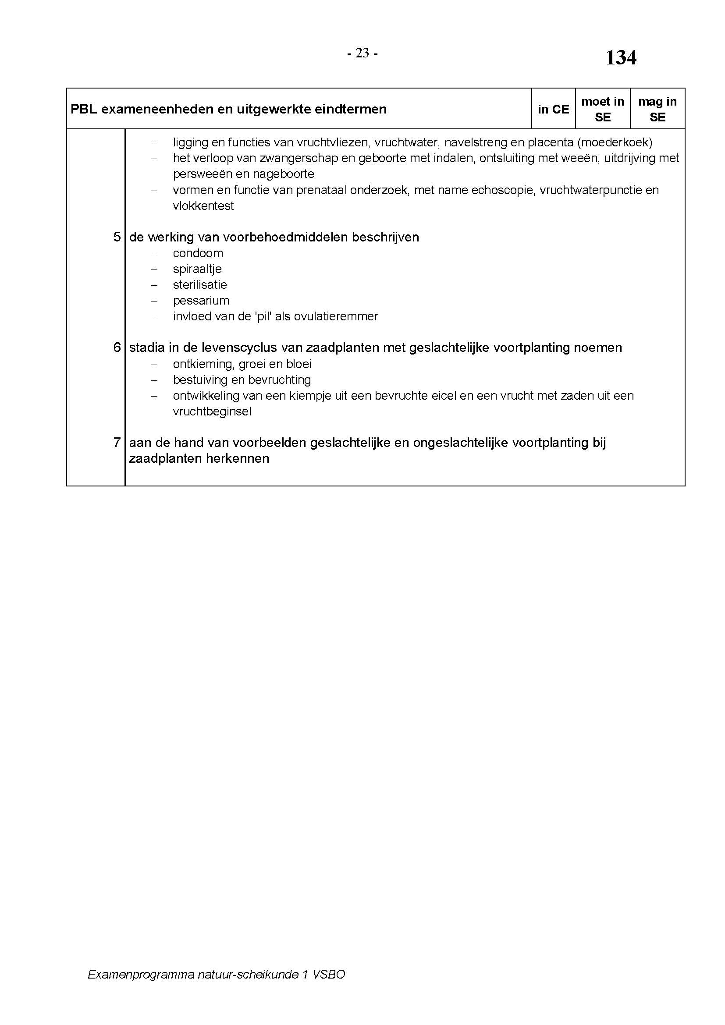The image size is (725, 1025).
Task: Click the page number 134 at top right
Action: click(621, 58)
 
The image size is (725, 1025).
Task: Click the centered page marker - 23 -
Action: click(362, 53)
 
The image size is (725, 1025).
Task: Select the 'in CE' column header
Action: click(553, 110)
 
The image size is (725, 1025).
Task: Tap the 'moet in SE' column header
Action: click(602, 110)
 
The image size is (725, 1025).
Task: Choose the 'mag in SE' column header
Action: click(657, 110)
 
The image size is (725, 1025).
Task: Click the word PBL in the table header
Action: click(83, 110)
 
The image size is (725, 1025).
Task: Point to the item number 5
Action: click(117, 237)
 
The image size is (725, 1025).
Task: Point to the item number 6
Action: click(117, 348)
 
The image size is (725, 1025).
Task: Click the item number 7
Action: click(117, 443)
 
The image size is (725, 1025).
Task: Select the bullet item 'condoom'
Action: click(198, 253)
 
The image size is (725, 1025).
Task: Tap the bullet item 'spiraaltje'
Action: click(197, 269)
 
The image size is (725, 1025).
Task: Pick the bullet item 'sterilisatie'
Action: click(199, 285)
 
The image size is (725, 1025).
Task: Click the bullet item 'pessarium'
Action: click(201, 301)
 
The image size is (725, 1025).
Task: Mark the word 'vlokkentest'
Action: click(203, 206)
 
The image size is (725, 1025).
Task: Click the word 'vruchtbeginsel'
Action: click(212, 411)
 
